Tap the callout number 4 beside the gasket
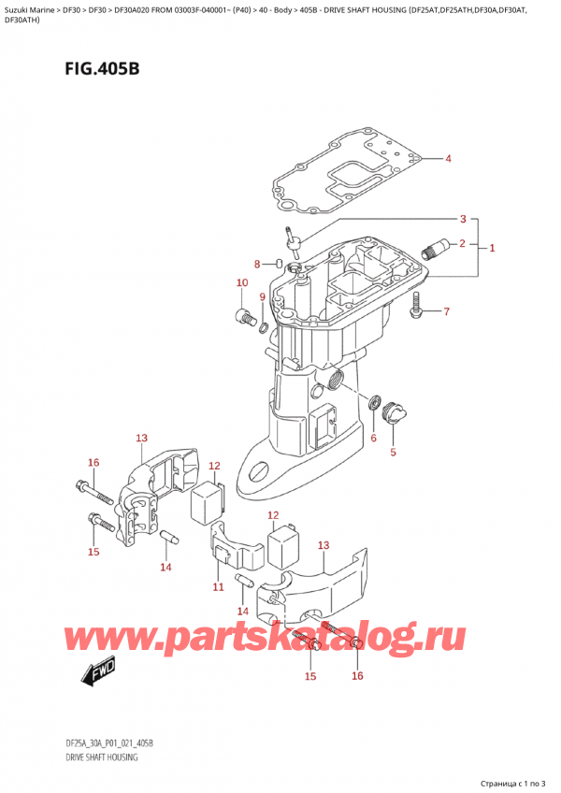point(448,158)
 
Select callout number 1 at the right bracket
point(492,248)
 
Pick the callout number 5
point(393,453)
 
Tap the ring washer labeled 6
point(376,403)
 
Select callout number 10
point(241,282)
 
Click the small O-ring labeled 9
point(265,326)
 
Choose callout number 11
point(218,586)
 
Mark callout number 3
point(461,220)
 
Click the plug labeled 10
point(246,316)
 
